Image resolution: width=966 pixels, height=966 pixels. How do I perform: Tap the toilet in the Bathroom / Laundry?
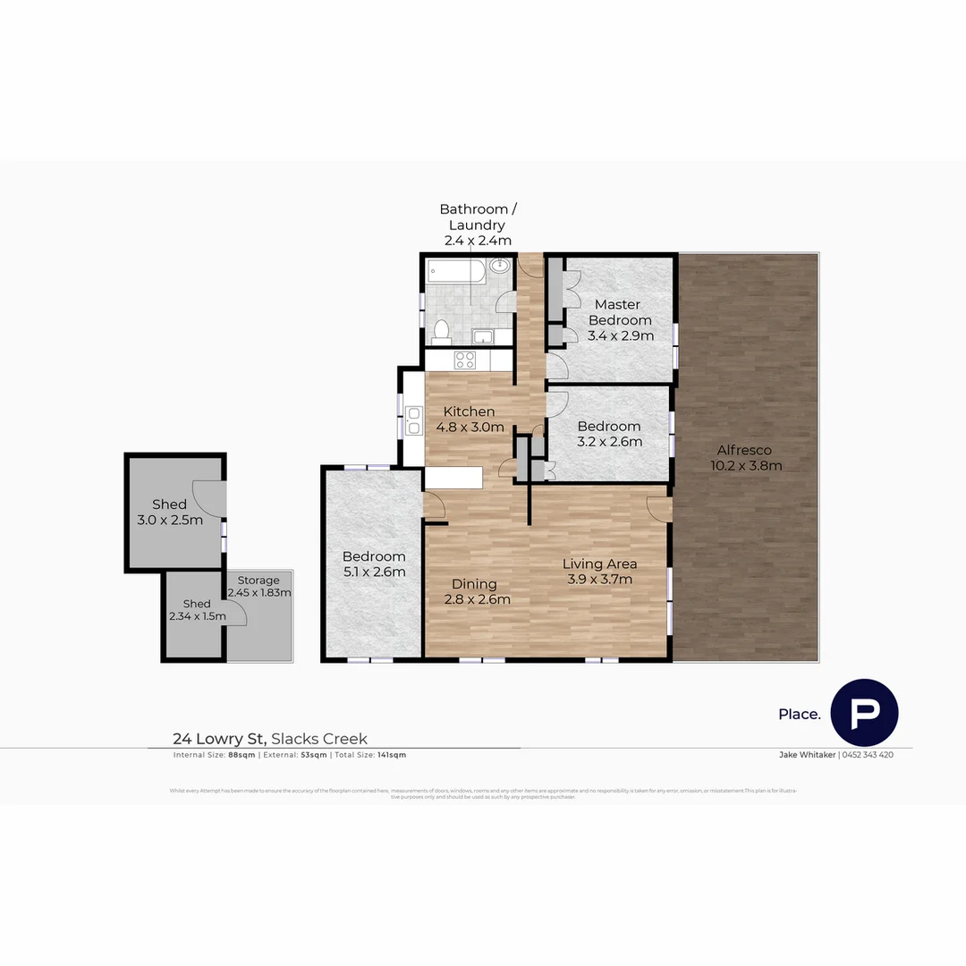point(439,332)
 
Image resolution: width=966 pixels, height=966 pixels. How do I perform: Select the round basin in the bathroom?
point(501,267)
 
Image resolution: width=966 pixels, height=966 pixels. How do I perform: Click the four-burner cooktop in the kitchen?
point(465,360)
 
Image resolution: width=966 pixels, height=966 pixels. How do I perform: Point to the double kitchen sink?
point(413,420)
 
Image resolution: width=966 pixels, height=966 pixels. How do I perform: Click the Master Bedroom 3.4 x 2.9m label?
point(620,320)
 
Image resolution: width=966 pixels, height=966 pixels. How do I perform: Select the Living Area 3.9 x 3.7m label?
point(599,571)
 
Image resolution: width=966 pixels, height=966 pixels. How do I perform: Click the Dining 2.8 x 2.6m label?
point(476,591)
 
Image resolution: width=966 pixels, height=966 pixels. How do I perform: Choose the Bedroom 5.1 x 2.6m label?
point(375,563)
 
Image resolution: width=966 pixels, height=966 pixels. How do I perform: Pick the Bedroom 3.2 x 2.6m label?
point(609,434)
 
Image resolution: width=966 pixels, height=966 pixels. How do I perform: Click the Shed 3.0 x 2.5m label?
point(169,512)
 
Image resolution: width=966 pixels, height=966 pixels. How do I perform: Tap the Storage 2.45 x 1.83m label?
point(258,587)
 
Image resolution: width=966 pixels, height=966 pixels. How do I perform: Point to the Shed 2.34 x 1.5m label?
point(197,610)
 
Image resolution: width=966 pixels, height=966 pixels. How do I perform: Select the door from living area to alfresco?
point(660,507)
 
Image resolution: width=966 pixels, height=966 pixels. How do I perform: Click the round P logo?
point(864,713)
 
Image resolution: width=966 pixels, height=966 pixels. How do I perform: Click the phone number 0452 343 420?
point(868,755)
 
